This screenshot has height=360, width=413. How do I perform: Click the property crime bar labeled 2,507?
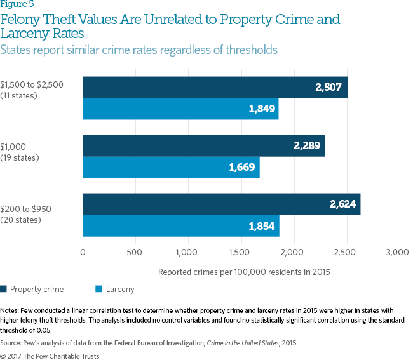pos(215,87)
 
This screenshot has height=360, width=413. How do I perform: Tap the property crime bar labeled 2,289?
pos(203,146)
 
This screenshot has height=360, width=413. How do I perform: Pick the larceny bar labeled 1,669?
pos(171,168)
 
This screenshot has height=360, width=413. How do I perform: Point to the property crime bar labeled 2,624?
pos(221,204)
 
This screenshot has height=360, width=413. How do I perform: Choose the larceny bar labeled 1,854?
pos(181,226)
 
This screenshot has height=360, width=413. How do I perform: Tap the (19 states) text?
pos(20,157)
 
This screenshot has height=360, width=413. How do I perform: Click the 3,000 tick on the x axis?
pos(399,253)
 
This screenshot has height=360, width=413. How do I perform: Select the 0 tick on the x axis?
pos(83,253)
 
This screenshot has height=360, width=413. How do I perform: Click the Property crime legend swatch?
pos(4,290)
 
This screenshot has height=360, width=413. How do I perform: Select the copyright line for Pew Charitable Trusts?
pos(51,356)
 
